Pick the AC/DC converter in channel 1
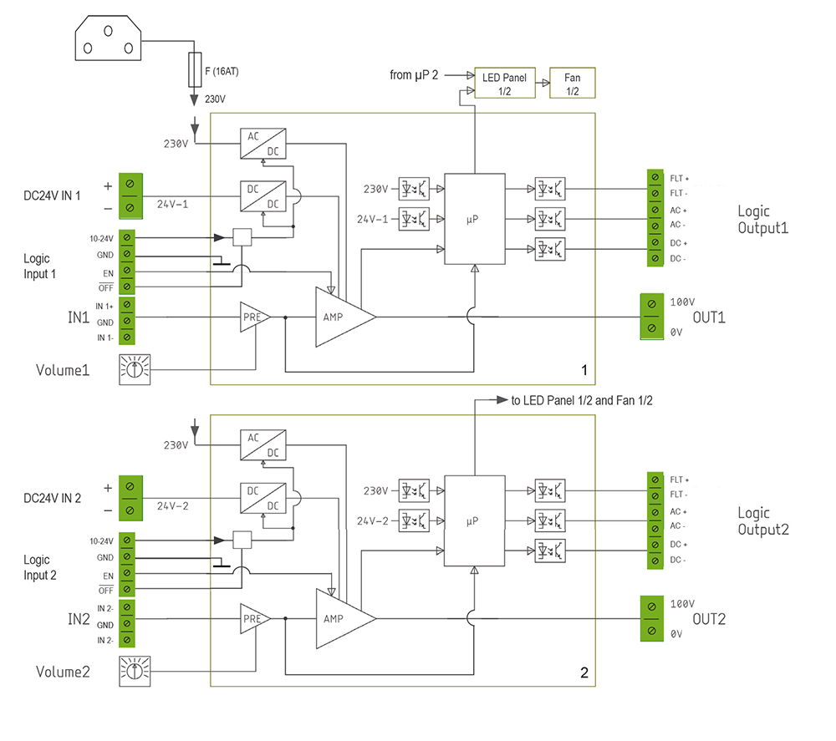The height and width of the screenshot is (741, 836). pos(261,144)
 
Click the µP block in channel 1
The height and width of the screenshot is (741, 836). pos(474,220)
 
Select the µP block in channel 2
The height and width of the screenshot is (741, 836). pos(474,521)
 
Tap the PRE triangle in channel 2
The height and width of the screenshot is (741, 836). pos(253,619)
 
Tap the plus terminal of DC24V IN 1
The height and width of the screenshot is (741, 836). pos(130,184)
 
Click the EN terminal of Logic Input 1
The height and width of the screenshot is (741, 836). pos(127,271)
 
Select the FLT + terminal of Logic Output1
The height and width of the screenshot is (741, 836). pos(655,178)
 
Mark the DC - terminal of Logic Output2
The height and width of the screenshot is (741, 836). pos(655,559)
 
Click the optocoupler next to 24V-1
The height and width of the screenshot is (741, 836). pos(414,219)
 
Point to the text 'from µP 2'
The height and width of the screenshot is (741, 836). pos(414,75)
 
